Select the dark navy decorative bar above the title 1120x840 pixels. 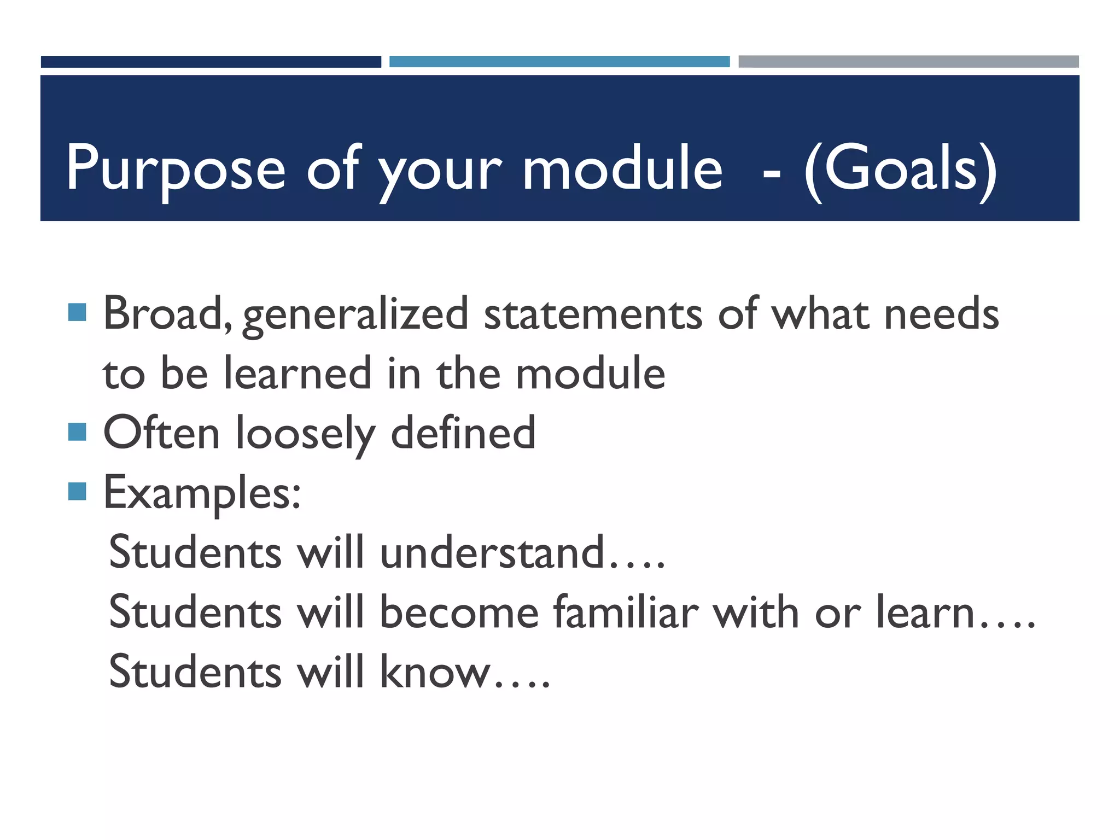tap(211, 62)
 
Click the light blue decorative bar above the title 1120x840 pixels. tap(559, 62)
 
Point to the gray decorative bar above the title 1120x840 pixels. tap(908, 62)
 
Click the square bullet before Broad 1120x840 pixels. tap(78, 313)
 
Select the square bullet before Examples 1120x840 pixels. tap(78, 491)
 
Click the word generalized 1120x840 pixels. tap(355, 316)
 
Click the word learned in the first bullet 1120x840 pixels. tap(298, 374)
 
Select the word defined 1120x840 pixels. tap(463, 433)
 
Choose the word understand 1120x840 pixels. tap(492, 552)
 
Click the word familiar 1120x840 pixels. tap(626, 612)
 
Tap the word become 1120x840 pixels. tap(459, 612)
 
